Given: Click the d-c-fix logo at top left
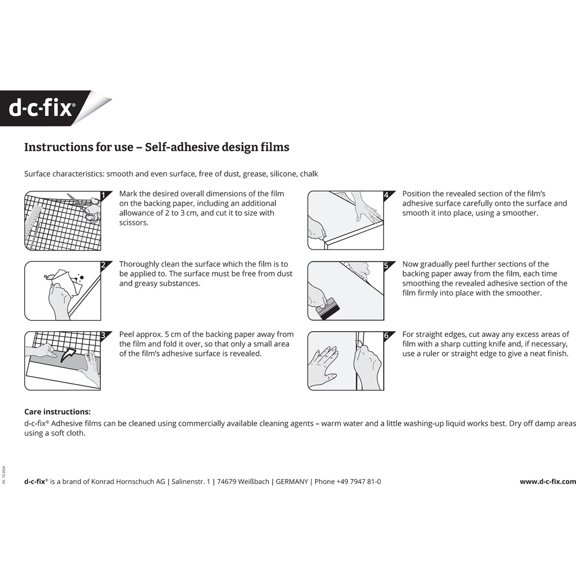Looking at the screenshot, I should click(x=41, y=108).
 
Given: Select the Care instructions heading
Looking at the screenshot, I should click(x=57, y=412).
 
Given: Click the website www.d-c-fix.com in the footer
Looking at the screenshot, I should click(x=547, y=482).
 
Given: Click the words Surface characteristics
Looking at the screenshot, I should click(x=63, y=173).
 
